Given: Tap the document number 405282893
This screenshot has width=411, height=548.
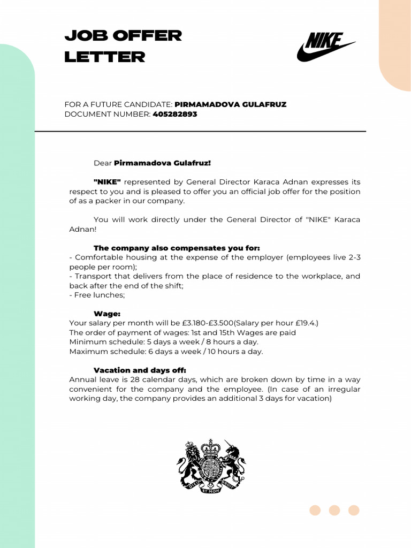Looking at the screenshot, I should [175, 114].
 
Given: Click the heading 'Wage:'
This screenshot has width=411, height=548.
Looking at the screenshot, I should [107, 314].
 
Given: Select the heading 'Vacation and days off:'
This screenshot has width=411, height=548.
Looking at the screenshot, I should [140, 370].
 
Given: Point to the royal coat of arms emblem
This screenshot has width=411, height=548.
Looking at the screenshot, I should [211, 466].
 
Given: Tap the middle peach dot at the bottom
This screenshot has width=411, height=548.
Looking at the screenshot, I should [334, 511].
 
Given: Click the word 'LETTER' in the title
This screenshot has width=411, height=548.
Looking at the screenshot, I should [105, 57].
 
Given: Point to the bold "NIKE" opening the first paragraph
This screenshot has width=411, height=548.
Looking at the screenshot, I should [107, 182].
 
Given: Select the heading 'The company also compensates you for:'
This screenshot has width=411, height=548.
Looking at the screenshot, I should [177, 248].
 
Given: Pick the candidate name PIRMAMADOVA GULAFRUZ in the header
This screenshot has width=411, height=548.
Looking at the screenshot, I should [231, 104].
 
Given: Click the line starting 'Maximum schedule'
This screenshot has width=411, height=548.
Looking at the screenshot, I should [166, 352].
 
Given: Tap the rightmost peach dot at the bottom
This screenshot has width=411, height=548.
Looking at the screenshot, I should [354, 511].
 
